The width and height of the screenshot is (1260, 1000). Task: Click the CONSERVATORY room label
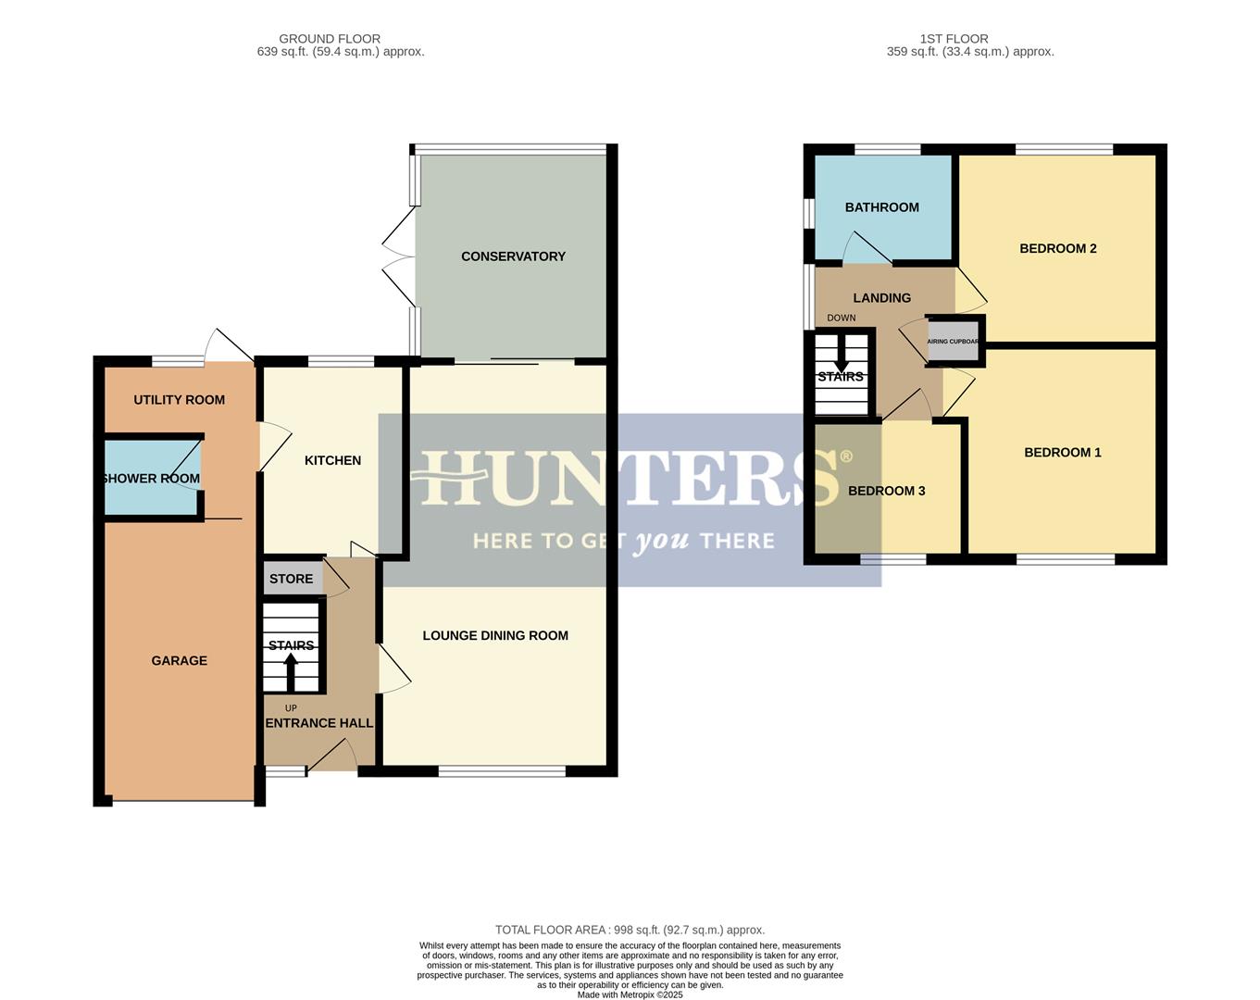click(x=513, y=256)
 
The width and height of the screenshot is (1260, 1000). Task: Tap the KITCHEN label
click(x=332, y=460)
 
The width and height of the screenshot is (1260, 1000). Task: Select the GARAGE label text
click(x=179, y=660)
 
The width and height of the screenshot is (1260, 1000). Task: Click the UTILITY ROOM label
click(x=179, y=400)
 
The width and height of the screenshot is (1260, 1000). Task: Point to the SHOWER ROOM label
click(x=151, y=479)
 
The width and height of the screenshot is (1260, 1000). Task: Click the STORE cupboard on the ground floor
click(x=292, y=579)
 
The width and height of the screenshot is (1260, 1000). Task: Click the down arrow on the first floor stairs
click(x=841, y=353)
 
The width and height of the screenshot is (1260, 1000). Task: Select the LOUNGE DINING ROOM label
click(x=495, y=635)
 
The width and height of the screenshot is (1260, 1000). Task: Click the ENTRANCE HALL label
click(x=319, y=723)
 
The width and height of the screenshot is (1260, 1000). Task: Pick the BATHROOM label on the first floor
click(x=881, y=207)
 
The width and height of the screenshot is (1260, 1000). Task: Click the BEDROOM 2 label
click(x=1057, y=248)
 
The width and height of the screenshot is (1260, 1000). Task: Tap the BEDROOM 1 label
click(x=1062, y=453)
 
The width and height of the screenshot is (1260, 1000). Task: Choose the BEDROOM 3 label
click(x=886, y=491)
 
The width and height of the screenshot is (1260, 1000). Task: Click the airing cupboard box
click(x=954, y=341)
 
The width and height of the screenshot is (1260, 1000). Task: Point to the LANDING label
click(x=881, y=298)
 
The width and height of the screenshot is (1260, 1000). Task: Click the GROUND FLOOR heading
click(x=330, y=39)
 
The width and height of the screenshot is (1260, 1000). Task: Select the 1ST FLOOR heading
click(x=954, y=39)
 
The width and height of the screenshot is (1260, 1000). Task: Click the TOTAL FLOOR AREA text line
click(x=630, y=930)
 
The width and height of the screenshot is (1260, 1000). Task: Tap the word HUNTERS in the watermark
click(x=623, y=479)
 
